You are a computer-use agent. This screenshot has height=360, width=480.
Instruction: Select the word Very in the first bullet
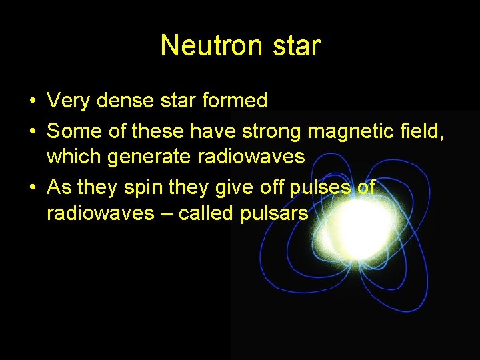point(69,101)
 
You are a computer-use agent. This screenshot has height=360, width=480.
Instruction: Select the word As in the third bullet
point(59,187)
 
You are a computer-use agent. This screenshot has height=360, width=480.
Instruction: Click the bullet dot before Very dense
point(32,102)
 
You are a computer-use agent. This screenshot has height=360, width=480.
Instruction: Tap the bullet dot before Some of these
point(32,131)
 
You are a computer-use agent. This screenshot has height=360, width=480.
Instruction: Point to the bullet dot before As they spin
point(32,188)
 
